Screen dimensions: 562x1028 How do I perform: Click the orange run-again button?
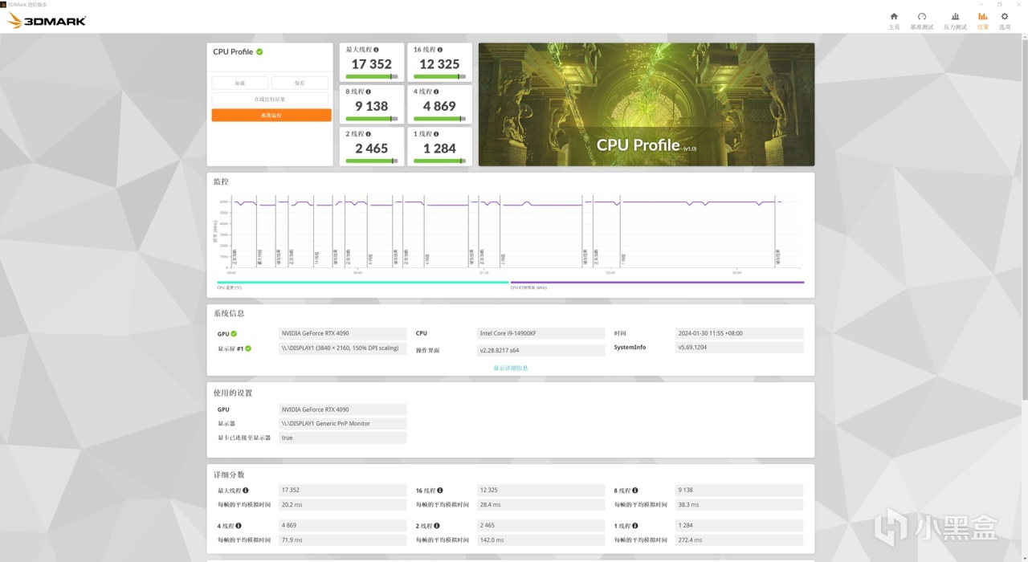pos(271,116)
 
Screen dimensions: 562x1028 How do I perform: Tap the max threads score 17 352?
pos(371,64)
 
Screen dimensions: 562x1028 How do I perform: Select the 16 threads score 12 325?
pos(439,64)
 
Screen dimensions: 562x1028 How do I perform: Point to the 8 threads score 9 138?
pos(371,106)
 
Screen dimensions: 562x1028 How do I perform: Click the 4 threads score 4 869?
pos(439,106)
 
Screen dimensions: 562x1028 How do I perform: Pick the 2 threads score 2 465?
pos(371,149)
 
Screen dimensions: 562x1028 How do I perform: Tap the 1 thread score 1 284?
pos(439,149)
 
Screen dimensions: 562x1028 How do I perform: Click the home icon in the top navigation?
pos(894,16)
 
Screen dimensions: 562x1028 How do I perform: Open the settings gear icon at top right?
pos(1004,16)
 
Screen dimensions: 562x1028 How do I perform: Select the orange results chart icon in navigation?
pos(982,16)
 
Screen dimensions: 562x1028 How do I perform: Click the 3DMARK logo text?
pos(55,21)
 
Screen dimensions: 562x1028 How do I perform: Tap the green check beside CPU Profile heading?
pos(259,51)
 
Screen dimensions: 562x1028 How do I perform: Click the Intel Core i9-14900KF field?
pos(541,333)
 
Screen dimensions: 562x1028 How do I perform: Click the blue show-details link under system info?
pos(511,368)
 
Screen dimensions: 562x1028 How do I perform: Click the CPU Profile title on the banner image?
pos(638,145)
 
